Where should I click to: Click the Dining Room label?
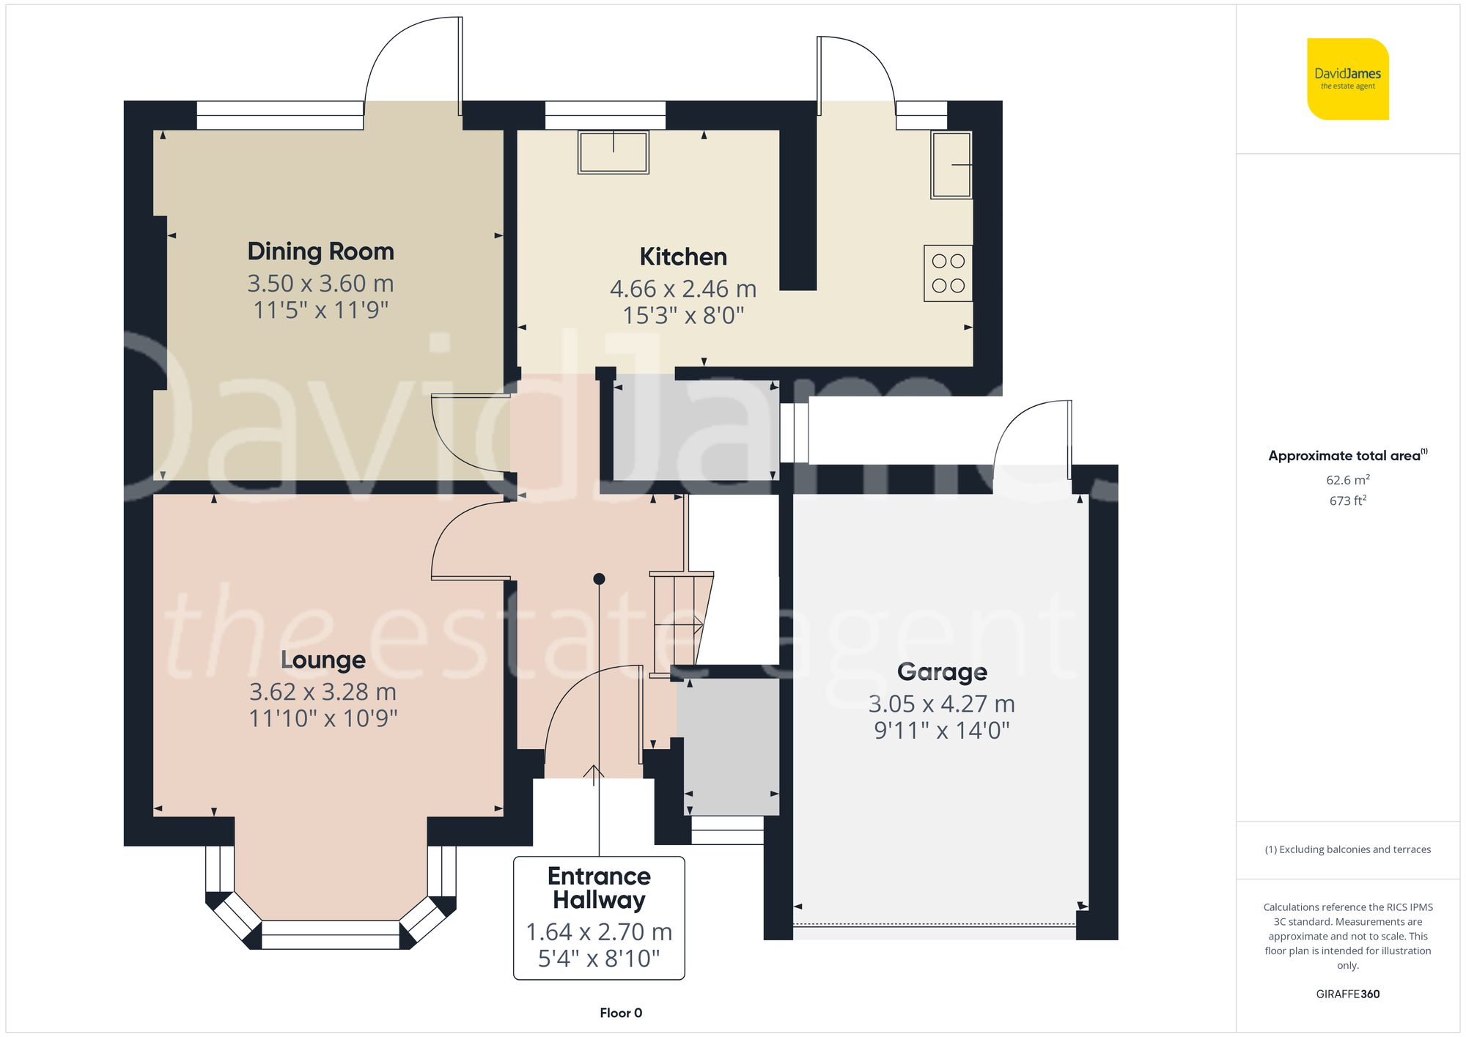tap(320, 251)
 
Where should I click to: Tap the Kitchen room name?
tap(682, 257)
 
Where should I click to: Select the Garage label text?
tap(942, 671)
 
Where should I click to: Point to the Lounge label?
tap(323, 660)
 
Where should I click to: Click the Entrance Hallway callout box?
tap(599, 918)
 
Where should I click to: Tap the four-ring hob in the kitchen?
tap(948, 273)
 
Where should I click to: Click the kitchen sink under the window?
tap(614, 152)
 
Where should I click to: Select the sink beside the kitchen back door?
tap(951, 165)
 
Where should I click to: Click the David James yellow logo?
tap(1347, 79)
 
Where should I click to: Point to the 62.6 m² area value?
tap(1347, 480)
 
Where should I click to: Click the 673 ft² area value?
tap(1347, 501)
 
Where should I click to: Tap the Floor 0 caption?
tap(620, 1013)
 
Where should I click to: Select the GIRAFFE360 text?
tap(1347, 994)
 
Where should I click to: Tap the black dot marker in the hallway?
tap(599, 579)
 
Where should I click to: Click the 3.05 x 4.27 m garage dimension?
tap(942, 704)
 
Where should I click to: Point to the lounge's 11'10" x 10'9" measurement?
tap(323, 718)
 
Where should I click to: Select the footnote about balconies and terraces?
tap(1347, 849)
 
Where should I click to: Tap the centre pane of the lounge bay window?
tap(330, 935)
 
